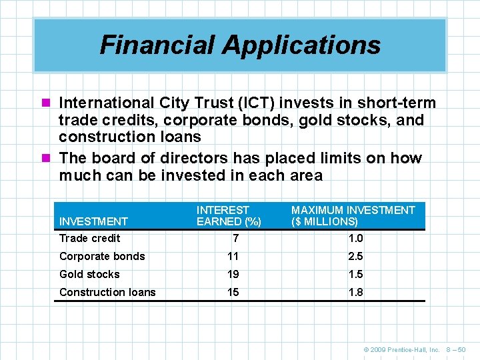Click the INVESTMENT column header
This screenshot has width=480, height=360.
point(93,221)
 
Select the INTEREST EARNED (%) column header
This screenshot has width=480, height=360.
point(229,215)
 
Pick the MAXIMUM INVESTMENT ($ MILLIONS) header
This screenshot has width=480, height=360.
point(353,215)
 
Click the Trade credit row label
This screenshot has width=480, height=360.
point(90,238)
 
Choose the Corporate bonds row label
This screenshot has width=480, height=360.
point(102,256)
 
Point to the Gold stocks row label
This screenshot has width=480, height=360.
point(89,274)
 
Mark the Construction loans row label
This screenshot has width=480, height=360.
point(107,292)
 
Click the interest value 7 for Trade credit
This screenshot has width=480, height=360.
point(235,238)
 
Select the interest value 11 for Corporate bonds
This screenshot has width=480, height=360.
point(233,256)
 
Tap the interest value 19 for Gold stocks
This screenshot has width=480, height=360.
point(233,274)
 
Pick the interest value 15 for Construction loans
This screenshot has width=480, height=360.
point(233,292)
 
